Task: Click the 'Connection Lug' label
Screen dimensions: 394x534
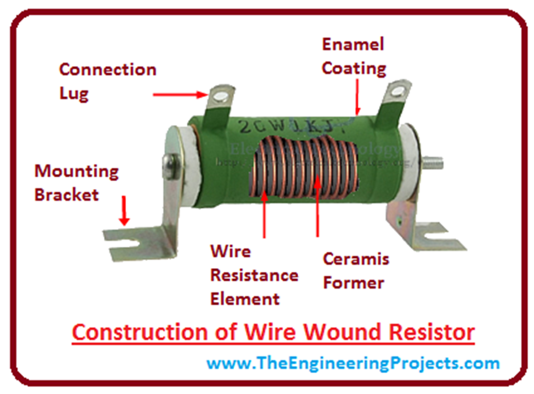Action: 107,81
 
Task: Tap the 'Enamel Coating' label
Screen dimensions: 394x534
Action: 354,56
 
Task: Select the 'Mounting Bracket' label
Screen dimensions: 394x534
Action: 76,183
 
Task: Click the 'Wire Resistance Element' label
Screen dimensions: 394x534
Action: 254,275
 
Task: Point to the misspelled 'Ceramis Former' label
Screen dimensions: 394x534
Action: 356,271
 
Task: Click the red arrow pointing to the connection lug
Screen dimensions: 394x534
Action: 180,95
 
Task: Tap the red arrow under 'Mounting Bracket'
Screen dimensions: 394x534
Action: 124,211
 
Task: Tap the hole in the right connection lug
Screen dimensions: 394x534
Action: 397,92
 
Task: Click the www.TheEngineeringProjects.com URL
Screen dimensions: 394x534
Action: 353,363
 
